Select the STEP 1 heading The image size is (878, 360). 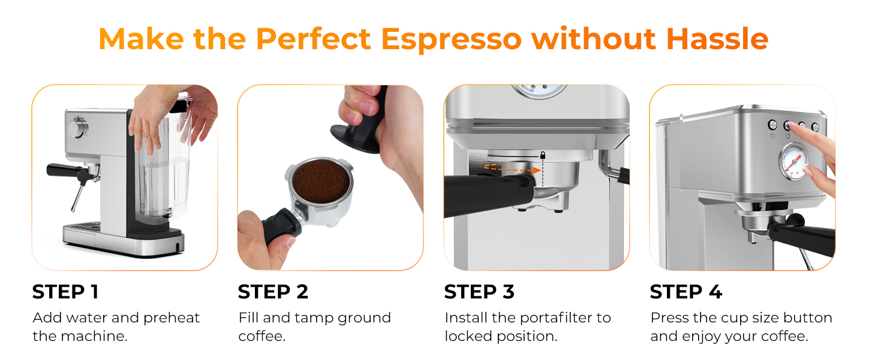65,292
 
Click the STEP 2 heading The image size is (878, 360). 273,292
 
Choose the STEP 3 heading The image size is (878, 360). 479,292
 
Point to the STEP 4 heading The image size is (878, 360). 686,292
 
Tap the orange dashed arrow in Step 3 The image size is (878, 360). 510,170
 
